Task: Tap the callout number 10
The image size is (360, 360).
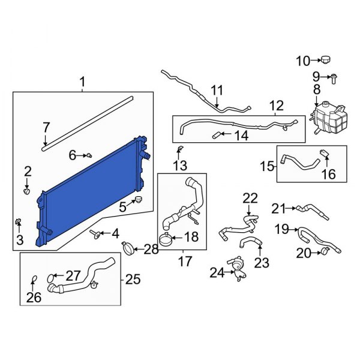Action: (x=303, y=61)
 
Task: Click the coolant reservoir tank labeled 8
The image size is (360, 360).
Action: (x=328, y=119)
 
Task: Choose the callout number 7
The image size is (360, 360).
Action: (x=46, y=127)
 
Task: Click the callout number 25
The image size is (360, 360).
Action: (x=133, y=279)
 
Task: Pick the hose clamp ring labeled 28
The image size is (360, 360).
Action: (x=128, y=247)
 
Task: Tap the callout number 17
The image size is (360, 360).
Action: (x=182, y=262)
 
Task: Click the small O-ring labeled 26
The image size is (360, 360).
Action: (x=34, y=278)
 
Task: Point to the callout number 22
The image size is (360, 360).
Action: (x=249, y=198)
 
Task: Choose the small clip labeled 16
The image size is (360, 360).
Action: (x=325, y=157)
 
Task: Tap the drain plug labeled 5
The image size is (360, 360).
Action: (x=137, y=199)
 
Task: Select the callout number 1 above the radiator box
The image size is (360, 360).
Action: (x=83, y=81)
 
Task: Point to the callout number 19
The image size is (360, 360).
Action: (x=282, y=229)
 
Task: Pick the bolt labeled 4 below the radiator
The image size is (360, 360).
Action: (x=95, y=233)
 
